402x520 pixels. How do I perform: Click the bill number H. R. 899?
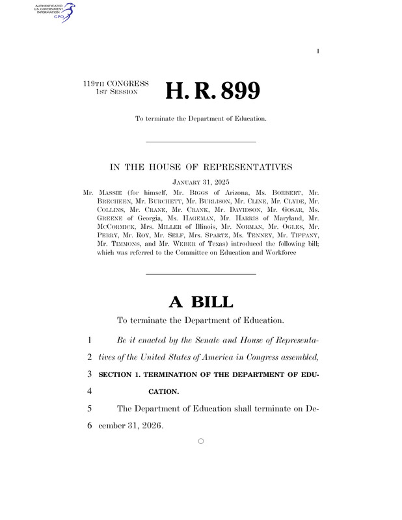click(x=213, y=91)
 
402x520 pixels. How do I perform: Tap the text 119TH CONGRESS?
click(x=116, y=84)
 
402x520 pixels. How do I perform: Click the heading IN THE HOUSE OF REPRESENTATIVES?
click(x=200, y=168)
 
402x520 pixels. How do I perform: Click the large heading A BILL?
click(x=200, y=302)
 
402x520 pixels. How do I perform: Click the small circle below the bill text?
click(x=200, y=441)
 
